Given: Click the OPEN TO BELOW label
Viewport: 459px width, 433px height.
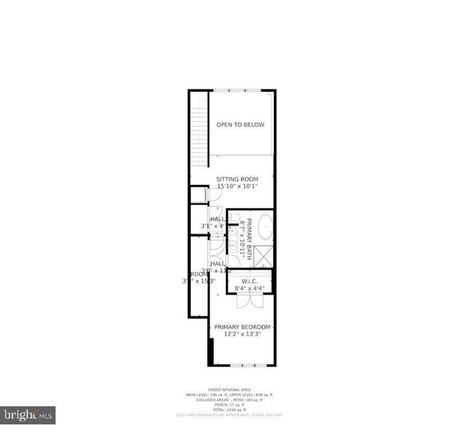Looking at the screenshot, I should click(240, 125).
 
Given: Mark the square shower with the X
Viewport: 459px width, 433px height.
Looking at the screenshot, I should click(263, 255).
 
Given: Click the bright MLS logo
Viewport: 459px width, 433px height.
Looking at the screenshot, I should click(28, 415).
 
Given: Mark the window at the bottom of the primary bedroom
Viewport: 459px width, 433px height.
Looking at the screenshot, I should click(242, 365).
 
